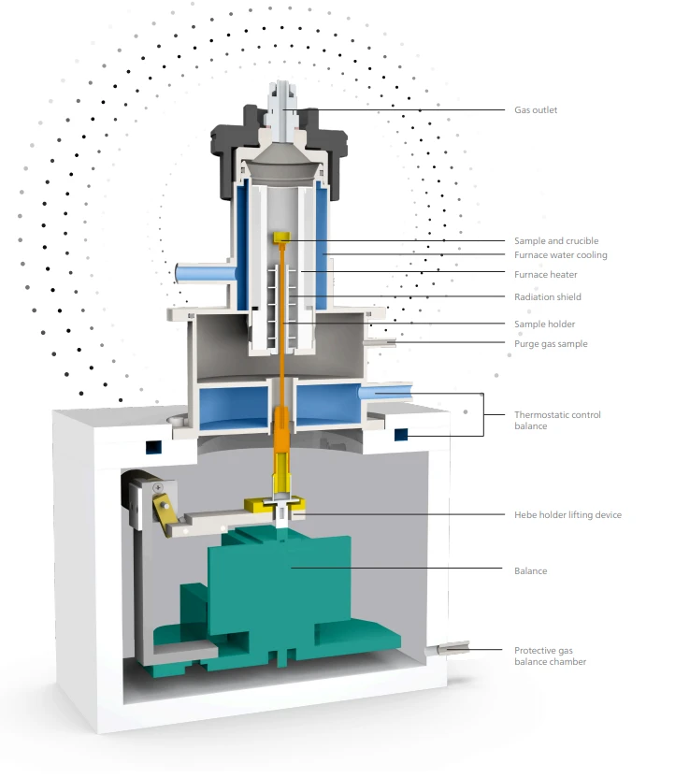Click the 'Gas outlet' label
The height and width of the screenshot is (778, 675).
(535, 110)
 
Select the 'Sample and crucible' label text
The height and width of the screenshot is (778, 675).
(556, 241)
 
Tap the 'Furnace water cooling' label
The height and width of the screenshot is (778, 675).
(560, 255)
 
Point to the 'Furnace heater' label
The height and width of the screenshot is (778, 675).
(546, 274)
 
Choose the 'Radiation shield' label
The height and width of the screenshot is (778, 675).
(548, 296)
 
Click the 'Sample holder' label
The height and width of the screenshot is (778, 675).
(544, 324)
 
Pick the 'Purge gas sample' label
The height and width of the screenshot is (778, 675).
(551, 344)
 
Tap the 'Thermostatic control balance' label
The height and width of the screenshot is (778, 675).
(557, 420)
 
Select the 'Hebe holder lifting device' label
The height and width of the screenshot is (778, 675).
(567, 515)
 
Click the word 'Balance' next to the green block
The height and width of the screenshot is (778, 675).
(530, 571)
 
